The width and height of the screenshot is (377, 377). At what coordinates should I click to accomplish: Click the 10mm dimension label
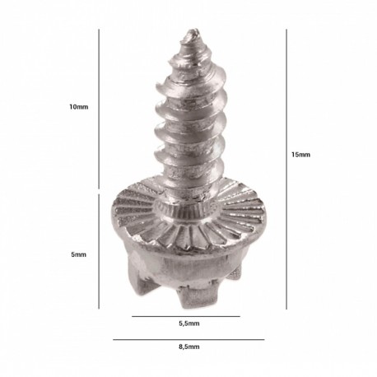79,107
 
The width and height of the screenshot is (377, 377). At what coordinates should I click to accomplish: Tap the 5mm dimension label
79,254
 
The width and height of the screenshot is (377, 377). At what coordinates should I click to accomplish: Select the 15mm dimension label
300,155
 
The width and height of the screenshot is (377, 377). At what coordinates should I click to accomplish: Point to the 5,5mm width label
189,323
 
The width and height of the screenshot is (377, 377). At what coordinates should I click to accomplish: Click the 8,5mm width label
189,347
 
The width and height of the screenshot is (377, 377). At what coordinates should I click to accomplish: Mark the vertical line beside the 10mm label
99,109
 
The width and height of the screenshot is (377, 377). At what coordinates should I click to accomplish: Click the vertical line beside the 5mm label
99,252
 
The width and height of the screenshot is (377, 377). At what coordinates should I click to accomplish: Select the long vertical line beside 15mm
286,170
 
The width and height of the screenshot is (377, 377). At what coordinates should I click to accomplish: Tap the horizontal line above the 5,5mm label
186,316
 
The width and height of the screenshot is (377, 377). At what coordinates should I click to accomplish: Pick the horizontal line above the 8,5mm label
188,340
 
